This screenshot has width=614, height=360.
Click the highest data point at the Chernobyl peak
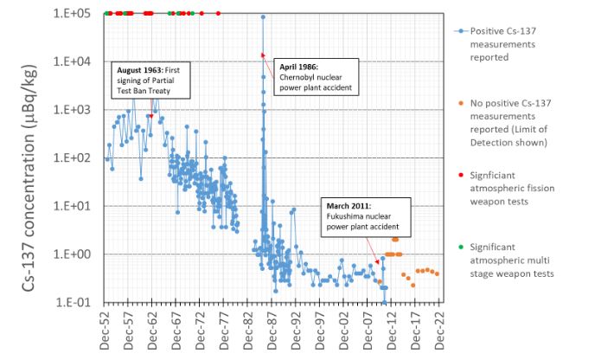click(x=263, y=17)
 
